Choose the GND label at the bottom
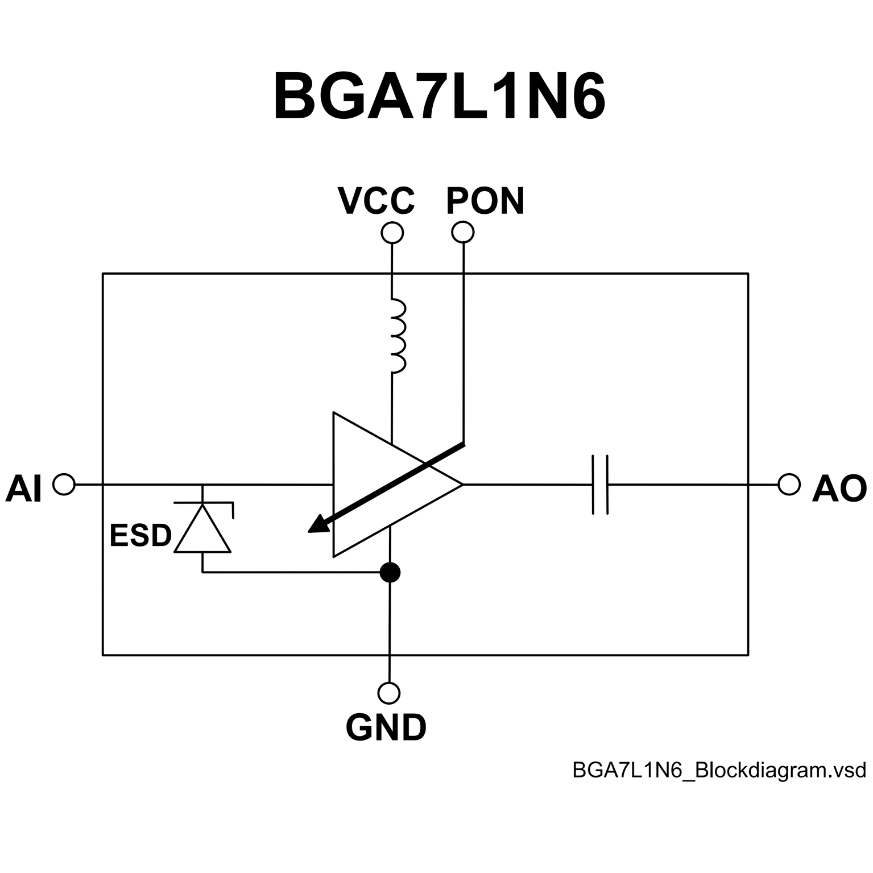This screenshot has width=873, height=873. pyautogui.click(x=386, y=727)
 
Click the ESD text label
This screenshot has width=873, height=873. pyautogui.click(x=140, y=535)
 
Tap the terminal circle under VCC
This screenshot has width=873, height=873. pyautogui.click(x=392, y=233)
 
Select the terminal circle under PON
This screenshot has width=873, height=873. pyautogui.click(x=462, y=232)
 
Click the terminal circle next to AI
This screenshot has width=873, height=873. pyautogui.click(x=64, y=485)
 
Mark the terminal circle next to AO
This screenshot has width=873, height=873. pyautogui.click(x=789, y=485)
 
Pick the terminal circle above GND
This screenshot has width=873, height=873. pyautogui.click(x=389, y=693)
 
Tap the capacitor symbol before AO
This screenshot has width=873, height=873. pyautogui.click(x=600, y=485)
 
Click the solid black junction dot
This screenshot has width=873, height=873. pyautogui.click(x=390, y=572)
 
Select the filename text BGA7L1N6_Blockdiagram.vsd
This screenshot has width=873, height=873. pyautogui.click(x=719, y=770)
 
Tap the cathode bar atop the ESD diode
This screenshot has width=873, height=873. pyautogui.click(x=203, y=502)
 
